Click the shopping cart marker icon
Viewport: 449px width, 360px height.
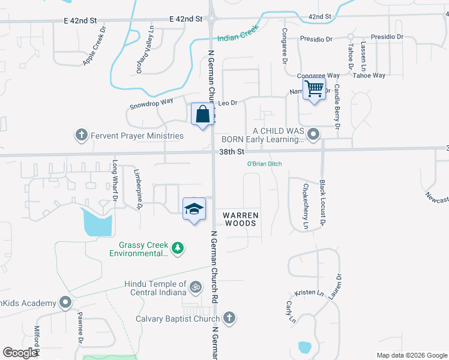(x=315, y=89)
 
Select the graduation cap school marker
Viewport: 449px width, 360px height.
(x=194, y=209)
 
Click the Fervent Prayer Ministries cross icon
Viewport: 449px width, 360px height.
(x=82, y=135)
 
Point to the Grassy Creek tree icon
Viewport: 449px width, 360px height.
(x=177, y=248)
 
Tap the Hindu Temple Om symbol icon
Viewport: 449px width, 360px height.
(x=194, y=288)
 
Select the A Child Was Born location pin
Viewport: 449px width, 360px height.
(x=313, y=134)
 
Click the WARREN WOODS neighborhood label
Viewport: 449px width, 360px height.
(x=241, y=219)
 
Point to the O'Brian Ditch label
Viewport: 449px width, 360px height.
(x=265, y=164)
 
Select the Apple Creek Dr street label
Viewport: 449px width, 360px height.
(x=94, y=46)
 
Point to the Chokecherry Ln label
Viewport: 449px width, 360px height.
(x=305, y=208)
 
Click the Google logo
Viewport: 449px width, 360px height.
(x=21, y=353)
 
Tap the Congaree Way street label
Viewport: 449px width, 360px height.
(x=318, y=76)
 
